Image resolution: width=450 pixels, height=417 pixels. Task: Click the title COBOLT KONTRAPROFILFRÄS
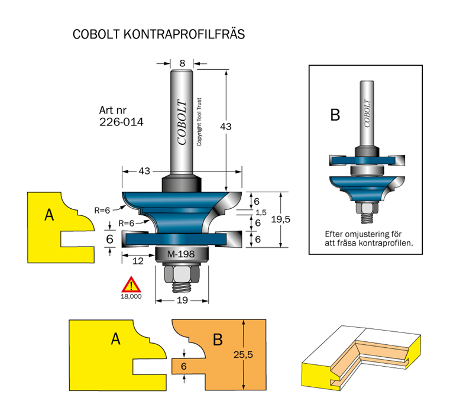point(158,34)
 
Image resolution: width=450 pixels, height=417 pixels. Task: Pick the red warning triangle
point(131,285)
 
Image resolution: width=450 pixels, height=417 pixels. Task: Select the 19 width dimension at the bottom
point(182,300)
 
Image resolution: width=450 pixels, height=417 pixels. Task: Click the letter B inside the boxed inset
point(335,115)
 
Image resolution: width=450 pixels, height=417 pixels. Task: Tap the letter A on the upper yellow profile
point(50,215)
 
